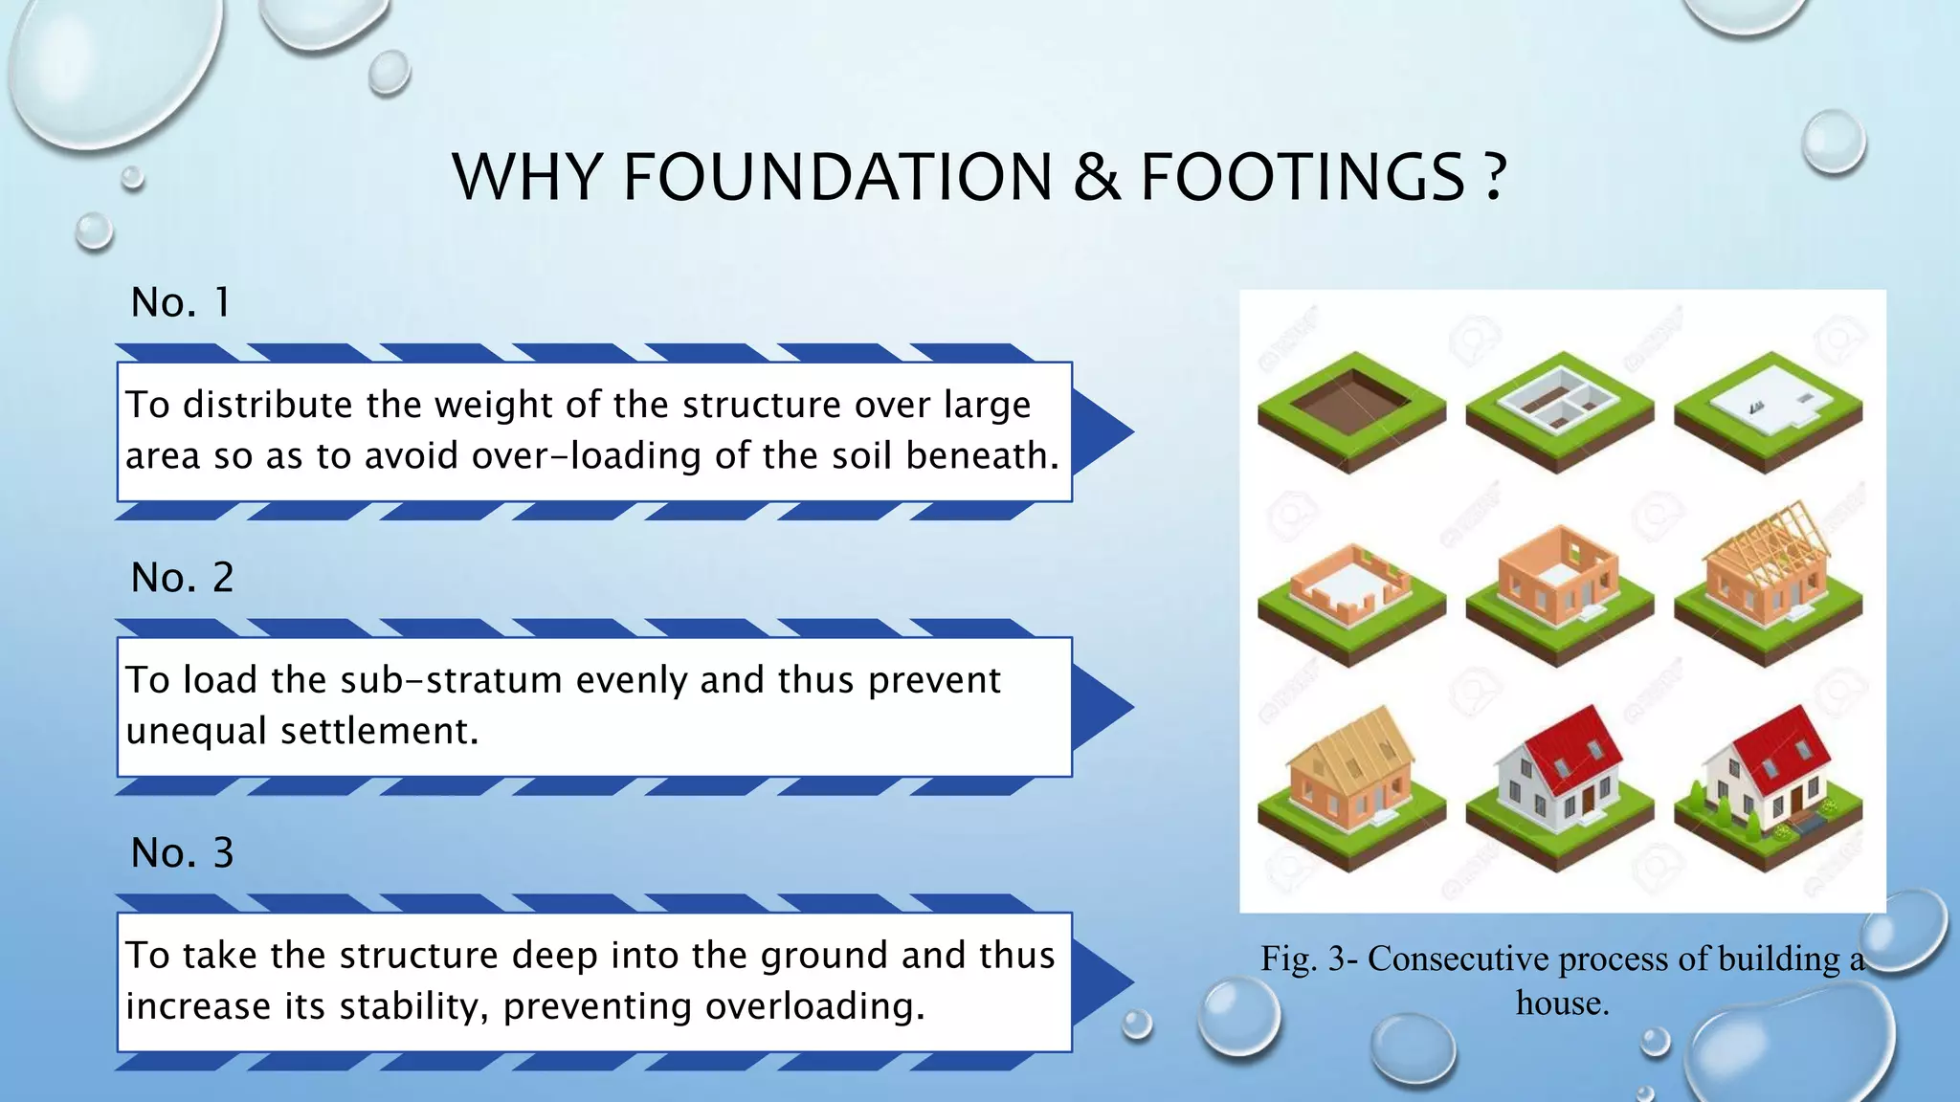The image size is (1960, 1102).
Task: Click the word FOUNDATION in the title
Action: tap(837, 178)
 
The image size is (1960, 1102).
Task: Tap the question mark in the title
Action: tap(1496, 178)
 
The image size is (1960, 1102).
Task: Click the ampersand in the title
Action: tap(1097, 178)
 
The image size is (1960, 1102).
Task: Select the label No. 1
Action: tap(180, 303)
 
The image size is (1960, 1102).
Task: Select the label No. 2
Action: tap(182, 578)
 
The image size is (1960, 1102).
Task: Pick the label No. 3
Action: tap(182, 853)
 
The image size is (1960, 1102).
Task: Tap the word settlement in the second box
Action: tap(379, 732)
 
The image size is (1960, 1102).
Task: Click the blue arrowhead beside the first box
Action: tap(1102, 431)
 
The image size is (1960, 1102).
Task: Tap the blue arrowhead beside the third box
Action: tap(1102, 981)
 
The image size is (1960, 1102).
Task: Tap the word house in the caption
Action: tap(1562, 1003)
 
